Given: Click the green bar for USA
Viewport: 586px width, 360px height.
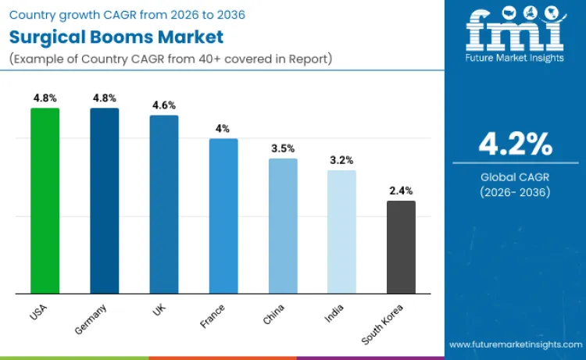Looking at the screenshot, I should pos(45,201).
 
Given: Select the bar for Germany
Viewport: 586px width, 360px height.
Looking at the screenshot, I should pos(104,201).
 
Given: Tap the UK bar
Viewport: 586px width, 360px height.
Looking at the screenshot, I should pos(164,205).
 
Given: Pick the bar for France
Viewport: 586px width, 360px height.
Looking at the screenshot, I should pos(223,216).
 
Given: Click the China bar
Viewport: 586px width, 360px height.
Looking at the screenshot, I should pos(283,226).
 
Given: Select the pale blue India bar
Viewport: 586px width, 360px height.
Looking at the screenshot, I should pos(341,232).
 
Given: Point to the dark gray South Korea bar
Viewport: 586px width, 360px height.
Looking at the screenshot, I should pos(401,248).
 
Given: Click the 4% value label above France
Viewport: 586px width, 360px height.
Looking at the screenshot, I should pos(223,129).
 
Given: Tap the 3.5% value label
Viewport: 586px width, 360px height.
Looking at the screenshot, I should pos(283,148).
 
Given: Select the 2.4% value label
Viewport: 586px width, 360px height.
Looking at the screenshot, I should pos(401,191).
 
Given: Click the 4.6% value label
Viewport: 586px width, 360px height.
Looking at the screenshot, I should pos(164,105).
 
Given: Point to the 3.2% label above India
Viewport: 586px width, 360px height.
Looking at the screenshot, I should pos(341,160).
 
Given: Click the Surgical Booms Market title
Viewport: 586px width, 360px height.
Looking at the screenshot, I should pos(116,37).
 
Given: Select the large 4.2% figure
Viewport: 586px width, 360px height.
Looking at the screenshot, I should pos(516,144).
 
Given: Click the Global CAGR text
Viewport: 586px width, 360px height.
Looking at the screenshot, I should pos(516,177).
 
